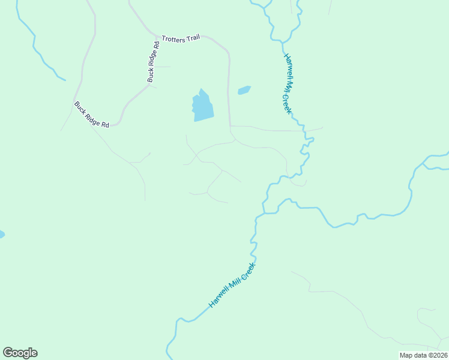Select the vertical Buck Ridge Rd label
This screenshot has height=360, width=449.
click(x=153, y=61)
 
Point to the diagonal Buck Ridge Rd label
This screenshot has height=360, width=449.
click(x=92, y=115)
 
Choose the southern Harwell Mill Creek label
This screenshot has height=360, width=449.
click(x=232, y=285)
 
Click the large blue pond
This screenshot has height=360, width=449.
click(x=202, y=106)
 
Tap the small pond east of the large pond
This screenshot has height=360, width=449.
click(x=244, y=91)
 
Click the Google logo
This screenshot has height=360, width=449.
click(x=20, y=353)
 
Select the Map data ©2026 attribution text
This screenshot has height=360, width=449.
click(x=423, y=355)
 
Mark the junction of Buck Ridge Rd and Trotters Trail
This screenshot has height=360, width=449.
click(x=158, y=36)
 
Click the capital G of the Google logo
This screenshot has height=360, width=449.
click(x=8, y=353)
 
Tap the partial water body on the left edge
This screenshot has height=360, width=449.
click(x=1, y=234)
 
